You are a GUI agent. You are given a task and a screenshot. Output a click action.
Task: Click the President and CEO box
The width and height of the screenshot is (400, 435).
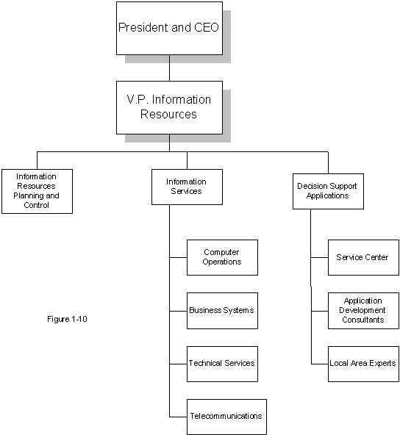click(x=169, y=29)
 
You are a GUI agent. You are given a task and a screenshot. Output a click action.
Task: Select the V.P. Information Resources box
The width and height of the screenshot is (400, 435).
click(x=169, y=107)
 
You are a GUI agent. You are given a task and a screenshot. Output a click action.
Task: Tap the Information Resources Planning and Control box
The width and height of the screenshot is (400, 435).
click(x=37, y=191)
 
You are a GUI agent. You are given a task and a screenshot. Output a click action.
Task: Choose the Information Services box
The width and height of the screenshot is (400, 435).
click(x=187, y=187)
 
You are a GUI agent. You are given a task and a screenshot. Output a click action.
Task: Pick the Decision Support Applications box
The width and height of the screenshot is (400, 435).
click(x=328, y=192)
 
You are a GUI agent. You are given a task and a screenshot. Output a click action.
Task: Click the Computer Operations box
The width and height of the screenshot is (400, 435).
click(x=222, y=257)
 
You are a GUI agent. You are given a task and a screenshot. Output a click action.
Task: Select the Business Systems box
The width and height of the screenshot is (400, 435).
click(x=222, y=311)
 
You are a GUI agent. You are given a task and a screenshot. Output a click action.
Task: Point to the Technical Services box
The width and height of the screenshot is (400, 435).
click(x=222, y=364)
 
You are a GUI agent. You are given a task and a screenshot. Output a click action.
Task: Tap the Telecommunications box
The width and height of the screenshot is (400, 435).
click(x=226, y=417)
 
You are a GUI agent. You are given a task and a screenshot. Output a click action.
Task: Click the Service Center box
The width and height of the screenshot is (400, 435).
click(x=364, y=257)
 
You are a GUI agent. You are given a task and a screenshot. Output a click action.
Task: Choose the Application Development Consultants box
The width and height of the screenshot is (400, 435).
click(x=364, y=311)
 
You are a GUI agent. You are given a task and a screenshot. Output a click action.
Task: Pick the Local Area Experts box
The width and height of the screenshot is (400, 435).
click(x=364, y=364)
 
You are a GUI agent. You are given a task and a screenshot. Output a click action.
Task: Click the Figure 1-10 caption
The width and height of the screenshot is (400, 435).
click(x=67, y=319)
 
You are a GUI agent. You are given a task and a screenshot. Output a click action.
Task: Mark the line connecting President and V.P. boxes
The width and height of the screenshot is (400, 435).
click(x=169, y=68)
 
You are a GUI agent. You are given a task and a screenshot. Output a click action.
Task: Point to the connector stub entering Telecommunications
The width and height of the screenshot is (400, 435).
click(x=178, y=417)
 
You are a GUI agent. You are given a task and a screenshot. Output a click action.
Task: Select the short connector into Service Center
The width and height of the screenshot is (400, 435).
click(x=320, y=257)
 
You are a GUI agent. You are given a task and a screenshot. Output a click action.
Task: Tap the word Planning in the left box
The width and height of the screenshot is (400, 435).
click(x=29, y=196)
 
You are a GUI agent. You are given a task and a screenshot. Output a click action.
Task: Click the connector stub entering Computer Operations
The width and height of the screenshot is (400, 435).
click(x=178, y=257)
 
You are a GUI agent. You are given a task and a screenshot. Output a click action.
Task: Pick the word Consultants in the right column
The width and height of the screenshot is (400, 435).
click(x=363, y=320)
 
